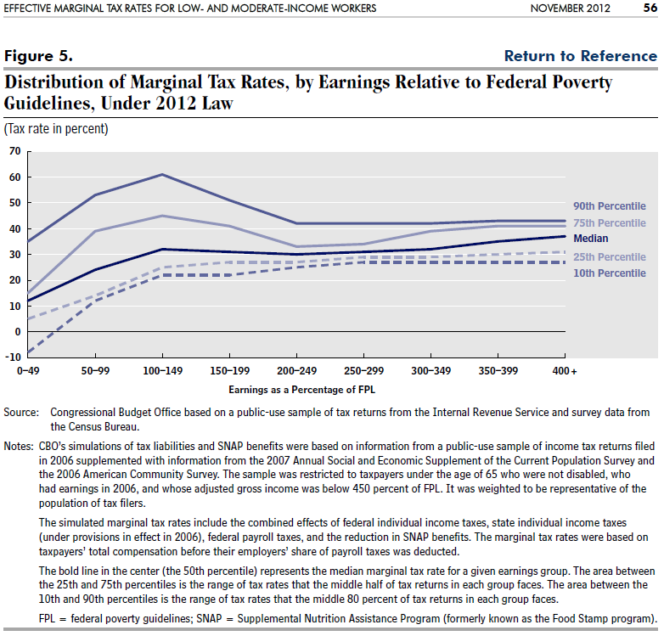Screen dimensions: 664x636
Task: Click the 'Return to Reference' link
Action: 581,56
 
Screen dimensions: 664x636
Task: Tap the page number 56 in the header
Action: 650,8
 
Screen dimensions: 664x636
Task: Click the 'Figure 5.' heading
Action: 38,56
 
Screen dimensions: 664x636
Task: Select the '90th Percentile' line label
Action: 610,206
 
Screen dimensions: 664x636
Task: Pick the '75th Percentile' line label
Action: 610,223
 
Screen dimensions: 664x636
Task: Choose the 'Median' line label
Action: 591,239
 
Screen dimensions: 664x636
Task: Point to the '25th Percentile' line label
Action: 610,257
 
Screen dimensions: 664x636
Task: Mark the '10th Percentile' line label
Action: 610,273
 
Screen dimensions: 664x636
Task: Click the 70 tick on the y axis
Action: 14,151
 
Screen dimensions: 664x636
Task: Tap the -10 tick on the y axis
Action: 13,357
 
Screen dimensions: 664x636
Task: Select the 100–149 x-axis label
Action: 163,371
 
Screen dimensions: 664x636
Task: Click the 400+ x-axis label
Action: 565,371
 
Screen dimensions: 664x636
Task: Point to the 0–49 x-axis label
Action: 28,371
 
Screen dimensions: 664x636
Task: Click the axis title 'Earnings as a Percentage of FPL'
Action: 302,390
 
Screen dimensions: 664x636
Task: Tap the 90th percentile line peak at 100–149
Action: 162,174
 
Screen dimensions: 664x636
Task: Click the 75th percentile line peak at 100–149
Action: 162,216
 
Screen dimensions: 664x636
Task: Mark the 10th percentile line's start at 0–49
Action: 28,352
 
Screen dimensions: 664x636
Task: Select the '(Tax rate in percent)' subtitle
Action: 56,129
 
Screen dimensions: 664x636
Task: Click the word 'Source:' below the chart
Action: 21,413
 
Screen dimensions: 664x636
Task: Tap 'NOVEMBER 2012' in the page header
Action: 571,8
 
